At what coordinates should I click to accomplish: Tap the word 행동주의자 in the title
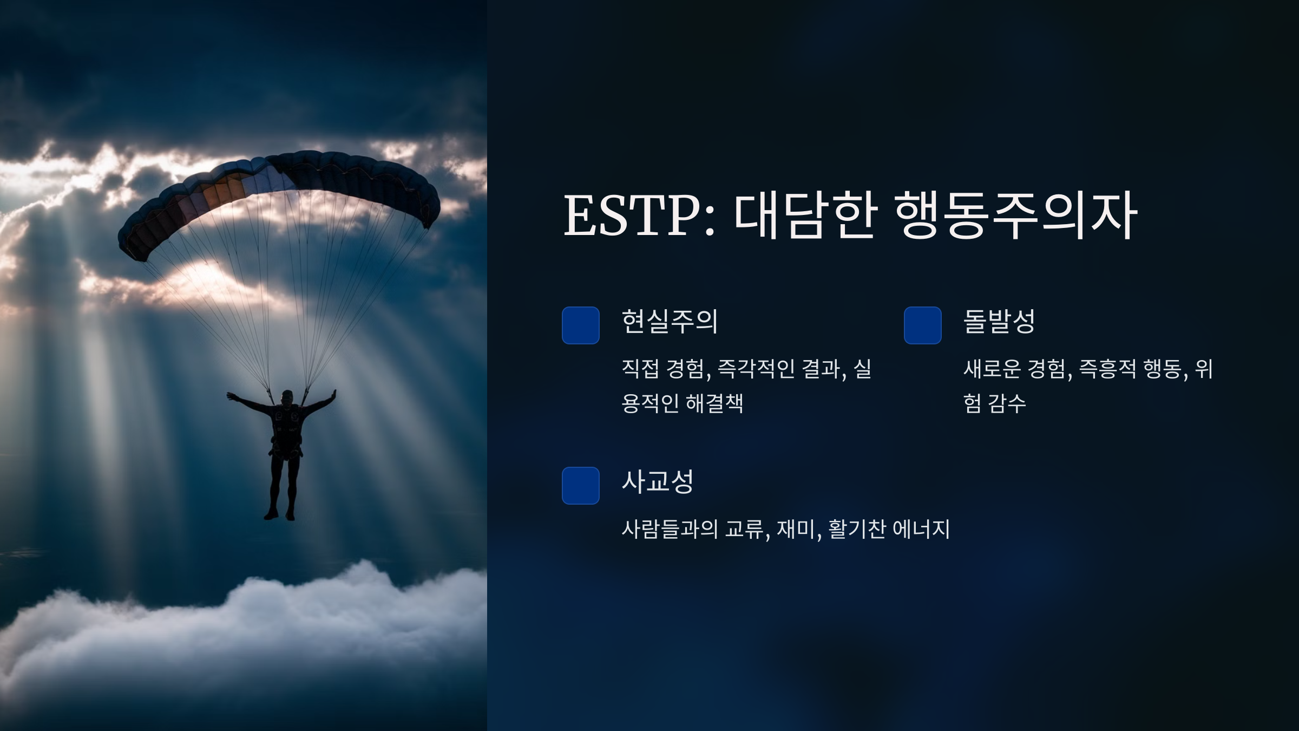pyautogui.click(x=1016, y=215)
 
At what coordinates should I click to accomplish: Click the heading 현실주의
pyautogui.click(x=670, y=322)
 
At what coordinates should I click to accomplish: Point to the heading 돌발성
pyautogui.click(x=999, y=322)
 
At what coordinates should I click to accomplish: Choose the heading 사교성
pyautogui.click(x=657, y=481)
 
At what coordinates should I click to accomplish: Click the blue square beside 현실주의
pyautogui.click(x=581, y=325)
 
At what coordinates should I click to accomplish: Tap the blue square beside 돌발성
pyautogui.click(x=923, y=325)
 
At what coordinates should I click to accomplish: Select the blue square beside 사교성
pyautogui.click(x=581, y=486)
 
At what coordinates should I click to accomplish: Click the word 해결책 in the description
pyautogui.click(x=714, y=403)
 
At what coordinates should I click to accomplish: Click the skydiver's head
pyautogui.click(x=287, y=397)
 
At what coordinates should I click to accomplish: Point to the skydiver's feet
pyautogui.click(x=280, y=514)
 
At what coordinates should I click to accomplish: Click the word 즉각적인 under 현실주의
pyautogui.click(x=756, y=369)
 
